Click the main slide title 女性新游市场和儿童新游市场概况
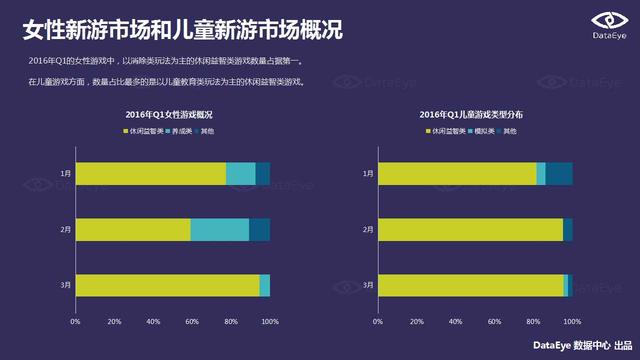pos(182,31)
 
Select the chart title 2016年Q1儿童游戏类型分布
pos(471,116)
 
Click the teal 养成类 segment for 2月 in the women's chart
pos(219,229)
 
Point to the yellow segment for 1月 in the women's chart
pos(150,173)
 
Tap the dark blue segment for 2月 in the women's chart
pos(259,229)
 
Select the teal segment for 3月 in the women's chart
pos(264,285)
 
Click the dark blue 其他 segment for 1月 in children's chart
pos(559,173)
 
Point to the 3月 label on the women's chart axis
pos(65,285)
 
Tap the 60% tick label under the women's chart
pos(192,322)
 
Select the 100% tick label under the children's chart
pos(572,322)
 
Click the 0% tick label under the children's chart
pos(378,322)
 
